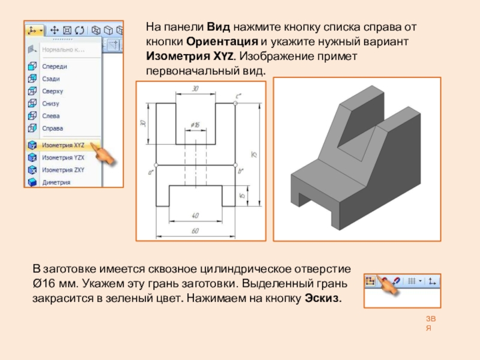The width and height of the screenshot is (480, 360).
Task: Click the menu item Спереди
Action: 54,67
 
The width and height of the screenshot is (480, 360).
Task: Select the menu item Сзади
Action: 50,79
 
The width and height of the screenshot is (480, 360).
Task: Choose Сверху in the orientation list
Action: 52,91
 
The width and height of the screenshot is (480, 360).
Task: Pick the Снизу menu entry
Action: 51,104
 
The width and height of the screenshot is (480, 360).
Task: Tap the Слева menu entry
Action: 51,116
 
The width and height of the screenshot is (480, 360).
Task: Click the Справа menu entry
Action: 52,128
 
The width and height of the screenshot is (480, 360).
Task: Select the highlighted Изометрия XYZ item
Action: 63,145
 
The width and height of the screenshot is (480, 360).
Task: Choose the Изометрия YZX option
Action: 63,157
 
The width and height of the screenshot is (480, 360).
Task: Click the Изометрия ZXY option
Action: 63,170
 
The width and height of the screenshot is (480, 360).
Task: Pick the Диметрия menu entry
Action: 56,182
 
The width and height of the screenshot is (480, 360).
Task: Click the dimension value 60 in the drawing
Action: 195,230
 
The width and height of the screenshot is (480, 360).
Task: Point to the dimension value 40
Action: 195,215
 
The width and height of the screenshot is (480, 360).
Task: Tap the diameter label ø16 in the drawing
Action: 195,124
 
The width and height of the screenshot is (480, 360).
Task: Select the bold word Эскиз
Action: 323,298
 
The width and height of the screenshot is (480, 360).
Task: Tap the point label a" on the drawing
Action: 150,172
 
